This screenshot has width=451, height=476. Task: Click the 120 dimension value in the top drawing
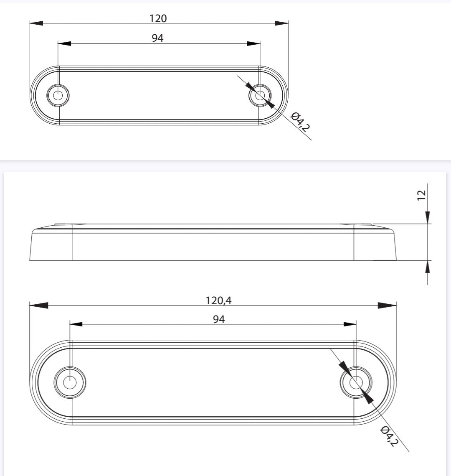(x=158, y=18)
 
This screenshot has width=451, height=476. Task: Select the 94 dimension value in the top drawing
(x=157, y=38)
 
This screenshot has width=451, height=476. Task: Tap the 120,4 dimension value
(x=218, y=300)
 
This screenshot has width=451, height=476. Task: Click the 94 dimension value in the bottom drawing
(x=219, y=319)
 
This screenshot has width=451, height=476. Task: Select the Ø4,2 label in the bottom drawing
(x=388, y=436)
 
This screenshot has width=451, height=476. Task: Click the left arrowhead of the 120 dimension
(x=36, y=23)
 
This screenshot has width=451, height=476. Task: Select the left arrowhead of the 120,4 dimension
(x=38, y=305)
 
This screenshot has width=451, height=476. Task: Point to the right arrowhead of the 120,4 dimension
(x=387, y=305)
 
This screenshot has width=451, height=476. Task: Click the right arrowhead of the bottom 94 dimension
(x=350, y=324)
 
